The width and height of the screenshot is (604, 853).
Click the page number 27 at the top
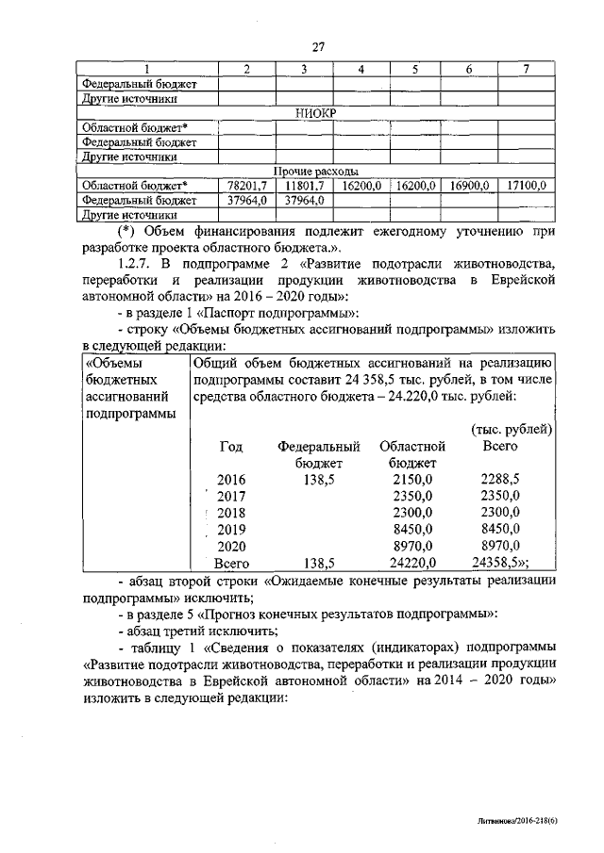pyautogui.click(x=317, y=47)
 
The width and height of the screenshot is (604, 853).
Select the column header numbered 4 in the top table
pyautogui.click(x=361, y=70)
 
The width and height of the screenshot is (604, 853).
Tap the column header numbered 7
pyautogui.click(x=526, y=70)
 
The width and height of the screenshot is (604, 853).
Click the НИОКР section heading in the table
pyautogui.click(x=315, y=113)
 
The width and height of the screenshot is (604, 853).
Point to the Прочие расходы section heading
pyautogui.click(x=315, y=172)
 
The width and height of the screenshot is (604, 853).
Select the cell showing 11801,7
pyautogui.click(x=305, y=186)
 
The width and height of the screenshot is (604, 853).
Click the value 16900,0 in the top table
pyautogui.click(x=469, y=186)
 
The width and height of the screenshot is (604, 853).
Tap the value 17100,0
pyautogui.click(x=526, y=186)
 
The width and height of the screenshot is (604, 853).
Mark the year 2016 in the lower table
pyautogui.click(x=230, y=479)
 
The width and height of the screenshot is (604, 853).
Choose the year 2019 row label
pyautogui.click(x=230, y=530)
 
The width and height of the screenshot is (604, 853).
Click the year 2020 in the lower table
pyautogui.click(x=230, y=547)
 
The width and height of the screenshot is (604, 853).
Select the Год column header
pyautogui.click(x=230, y=445)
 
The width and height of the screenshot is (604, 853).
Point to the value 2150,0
pyautogui.click(x=412, y=479)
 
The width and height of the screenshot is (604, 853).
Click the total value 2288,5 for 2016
pyautogui.click(x=500, y=479)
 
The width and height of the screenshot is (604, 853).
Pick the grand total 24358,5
pyautogui.click(x=500, y=564)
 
